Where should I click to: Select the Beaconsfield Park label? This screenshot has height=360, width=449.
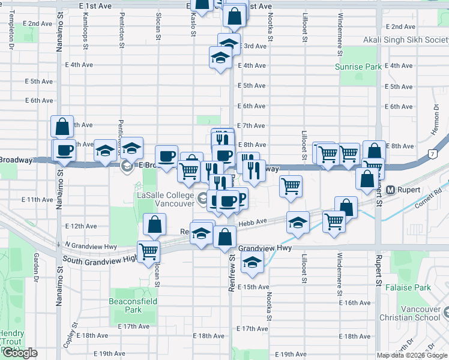tap(125, 305)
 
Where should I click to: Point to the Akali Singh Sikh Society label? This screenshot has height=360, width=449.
tap(406, 40)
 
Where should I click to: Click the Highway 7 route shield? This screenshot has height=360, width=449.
tap(433, 155)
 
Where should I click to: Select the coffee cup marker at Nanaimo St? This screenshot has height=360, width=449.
tap(64, 150)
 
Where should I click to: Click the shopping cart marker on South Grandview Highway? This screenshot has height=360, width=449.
tap(148, 250)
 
